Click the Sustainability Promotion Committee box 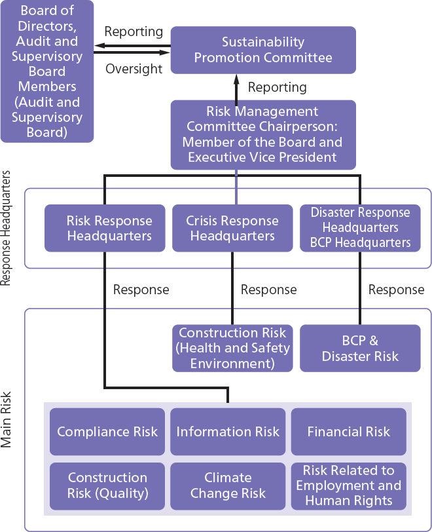pos(263,50)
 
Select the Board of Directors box pos(47,71)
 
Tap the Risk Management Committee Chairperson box pos(263,134)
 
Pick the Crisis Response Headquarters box pos(232,228)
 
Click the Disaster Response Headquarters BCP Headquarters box pos(360,228)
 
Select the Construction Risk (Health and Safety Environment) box pos(232,348)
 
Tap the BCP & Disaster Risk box pos(360,348)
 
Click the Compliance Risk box pos(107,432)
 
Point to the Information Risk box pos(228,432)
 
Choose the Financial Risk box pos(348,432)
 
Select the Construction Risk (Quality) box pos(107,485)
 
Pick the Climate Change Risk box pos(228,485)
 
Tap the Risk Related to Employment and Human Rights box pos(348,485)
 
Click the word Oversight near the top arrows pos(134,69)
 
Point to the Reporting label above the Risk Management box pos(278,87)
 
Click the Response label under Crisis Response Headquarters pos(268,290)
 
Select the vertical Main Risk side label pos(7,419)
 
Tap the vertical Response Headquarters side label pos(7,228)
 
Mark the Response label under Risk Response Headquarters pos(141,290)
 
